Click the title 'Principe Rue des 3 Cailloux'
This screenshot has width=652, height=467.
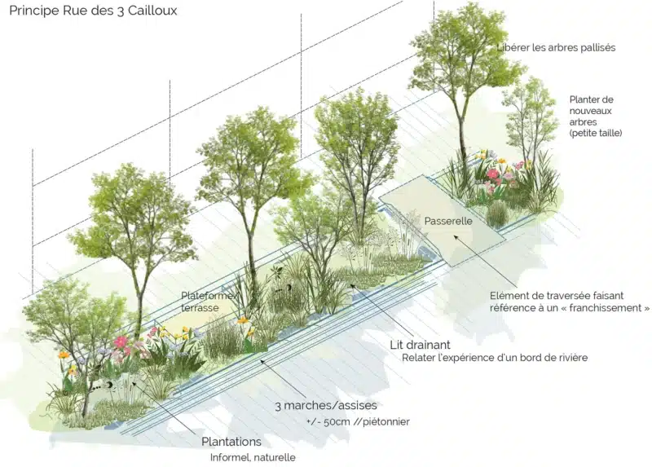[x=93, y=11]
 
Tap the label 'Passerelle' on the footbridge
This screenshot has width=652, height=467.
[x=448, y=221]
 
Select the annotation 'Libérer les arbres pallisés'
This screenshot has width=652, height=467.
[x=556, y=47]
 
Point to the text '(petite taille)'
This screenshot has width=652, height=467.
[x=596, y=133]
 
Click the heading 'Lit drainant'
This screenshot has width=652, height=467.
[x=420, y=345]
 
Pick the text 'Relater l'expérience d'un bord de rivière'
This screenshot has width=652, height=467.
[x=495, y=358]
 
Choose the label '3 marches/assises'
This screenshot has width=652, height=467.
[x=326, y=405]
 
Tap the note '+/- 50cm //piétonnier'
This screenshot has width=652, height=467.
[x=358, y=421]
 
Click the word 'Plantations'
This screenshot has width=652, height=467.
[x=231, y=442]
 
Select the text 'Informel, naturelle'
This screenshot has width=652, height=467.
[x=253, y=457]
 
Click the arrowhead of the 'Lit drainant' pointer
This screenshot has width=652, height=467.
[x=353, y=286]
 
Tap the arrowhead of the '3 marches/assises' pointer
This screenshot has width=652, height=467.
[x=262, y=362]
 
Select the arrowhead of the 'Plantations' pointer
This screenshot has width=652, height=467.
[x=134, y=383]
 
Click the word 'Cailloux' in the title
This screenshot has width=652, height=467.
[x=152, y=11]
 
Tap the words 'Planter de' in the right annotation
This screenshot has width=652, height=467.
[x=592, y=99]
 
